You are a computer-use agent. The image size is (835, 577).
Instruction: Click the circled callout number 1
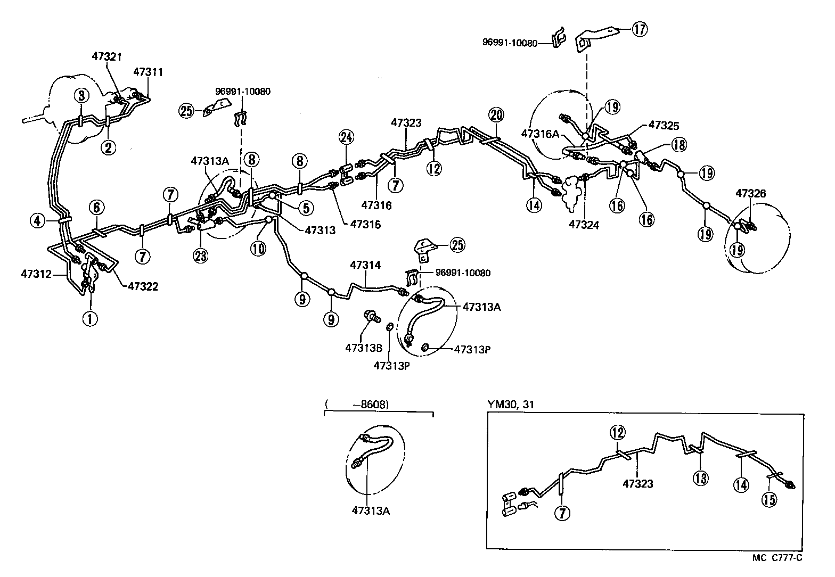pyautogui.click(x=91, y=319)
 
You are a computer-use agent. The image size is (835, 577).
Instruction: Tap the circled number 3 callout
pyautogui.click(x=81, y=96)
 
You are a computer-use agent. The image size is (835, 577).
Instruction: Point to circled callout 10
pyautogui.click(x=258, y=249)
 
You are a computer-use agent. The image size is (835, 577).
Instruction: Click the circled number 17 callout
pyautogui.click(x=640, y=30)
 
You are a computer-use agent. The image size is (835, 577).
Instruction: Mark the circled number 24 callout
pyautogui.click(x=346, y=138)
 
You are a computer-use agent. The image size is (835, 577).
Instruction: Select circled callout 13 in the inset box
pyautogui.click(x=701, y=478)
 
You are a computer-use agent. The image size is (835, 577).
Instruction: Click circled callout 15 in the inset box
pyautogui.click(x=770, y=499)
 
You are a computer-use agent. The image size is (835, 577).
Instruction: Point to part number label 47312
pyautogui.click(x=36, y=274)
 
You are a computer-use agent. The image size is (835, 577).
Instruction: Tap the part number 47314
pyautogui.click(x=365, y=265)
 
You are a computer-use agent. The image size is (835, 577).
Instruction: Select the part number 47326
pyautogui.click(x=751, y=193)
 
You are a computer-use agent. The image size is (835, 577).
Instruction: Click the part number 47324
pyautogui.click(x=584, y=225)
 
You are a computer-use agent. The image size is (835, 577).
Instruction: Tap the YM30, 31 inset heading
pyautogui.click(x=511, y=405)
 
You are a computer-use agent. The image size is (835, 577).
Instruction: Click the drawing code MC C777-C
pyautogui.click(x=777, y=558)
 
